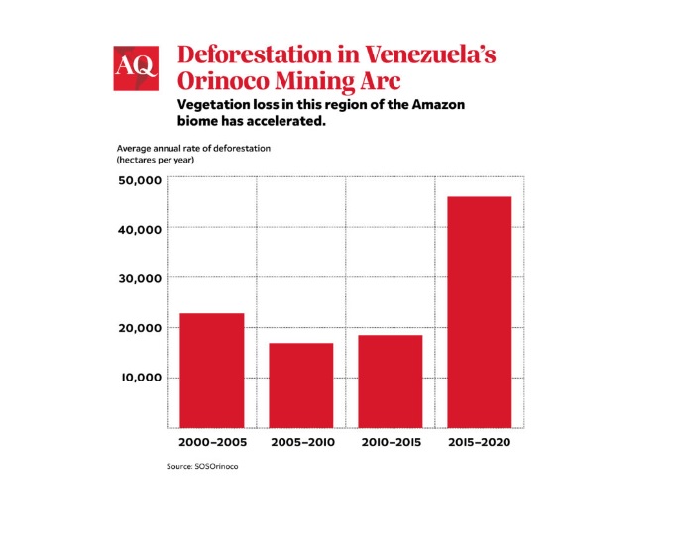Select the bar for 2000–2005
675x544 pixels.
click(x=212, y=370)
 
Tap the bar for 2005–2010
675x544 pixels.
click(x=300, y=384)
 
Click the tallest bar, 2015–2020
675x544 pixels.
click(x=480, y=311)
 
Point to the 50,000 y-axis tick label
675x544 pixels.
click(x=140, y=180)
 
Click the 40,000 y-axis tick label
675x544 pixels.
click(x=140, y=230)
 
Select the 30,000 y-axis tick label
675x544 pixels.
click(x=140, y=279)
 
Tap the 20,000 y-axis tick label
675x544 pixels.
click(x=140, y=328)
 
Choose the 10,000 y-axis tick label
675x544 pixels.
click(x=140, y=378)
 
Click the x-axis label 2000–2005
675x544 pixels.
click(x=212, y=441)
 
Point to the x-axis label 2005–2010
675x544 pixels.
click(x=301, y=441)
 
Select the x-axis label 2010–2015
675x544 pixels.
click(x=390, y=441)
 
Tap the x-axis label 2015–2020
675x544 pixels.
click(x=480, y=441)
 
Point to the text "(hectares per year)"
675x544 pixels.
click(x=157, y=159)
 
